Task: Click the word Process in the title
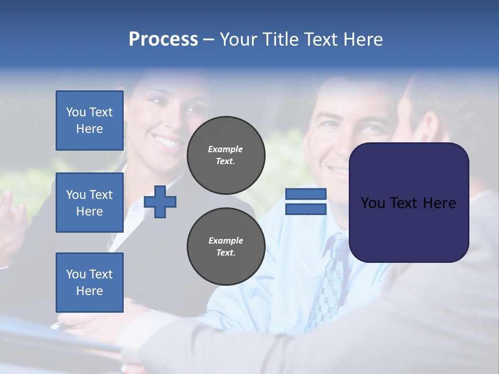(163, 39)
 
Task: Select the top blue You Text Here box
(89, 121)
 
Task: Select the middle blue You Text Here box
(89, 203)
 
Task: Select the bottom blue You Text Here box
(89, 283)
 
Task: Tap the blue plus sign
(160, 202)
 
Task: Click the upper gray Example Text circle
(226, 155)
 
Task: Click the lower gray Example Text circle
(226, 247)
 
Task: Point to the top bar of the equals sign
(306, 194)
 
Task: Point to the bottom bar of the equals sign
(306, 209)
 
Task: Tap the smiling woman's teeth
(167, 141)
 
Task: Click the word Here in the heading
(363, 39)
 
